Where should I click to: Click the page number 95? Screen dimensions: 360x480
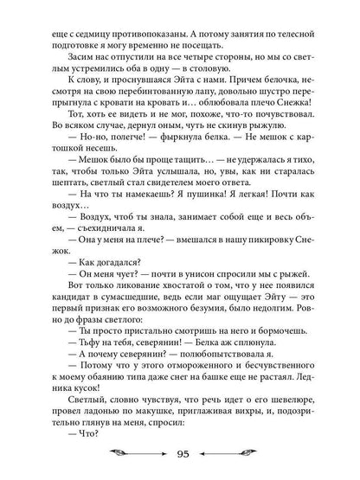coord(180,456)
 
